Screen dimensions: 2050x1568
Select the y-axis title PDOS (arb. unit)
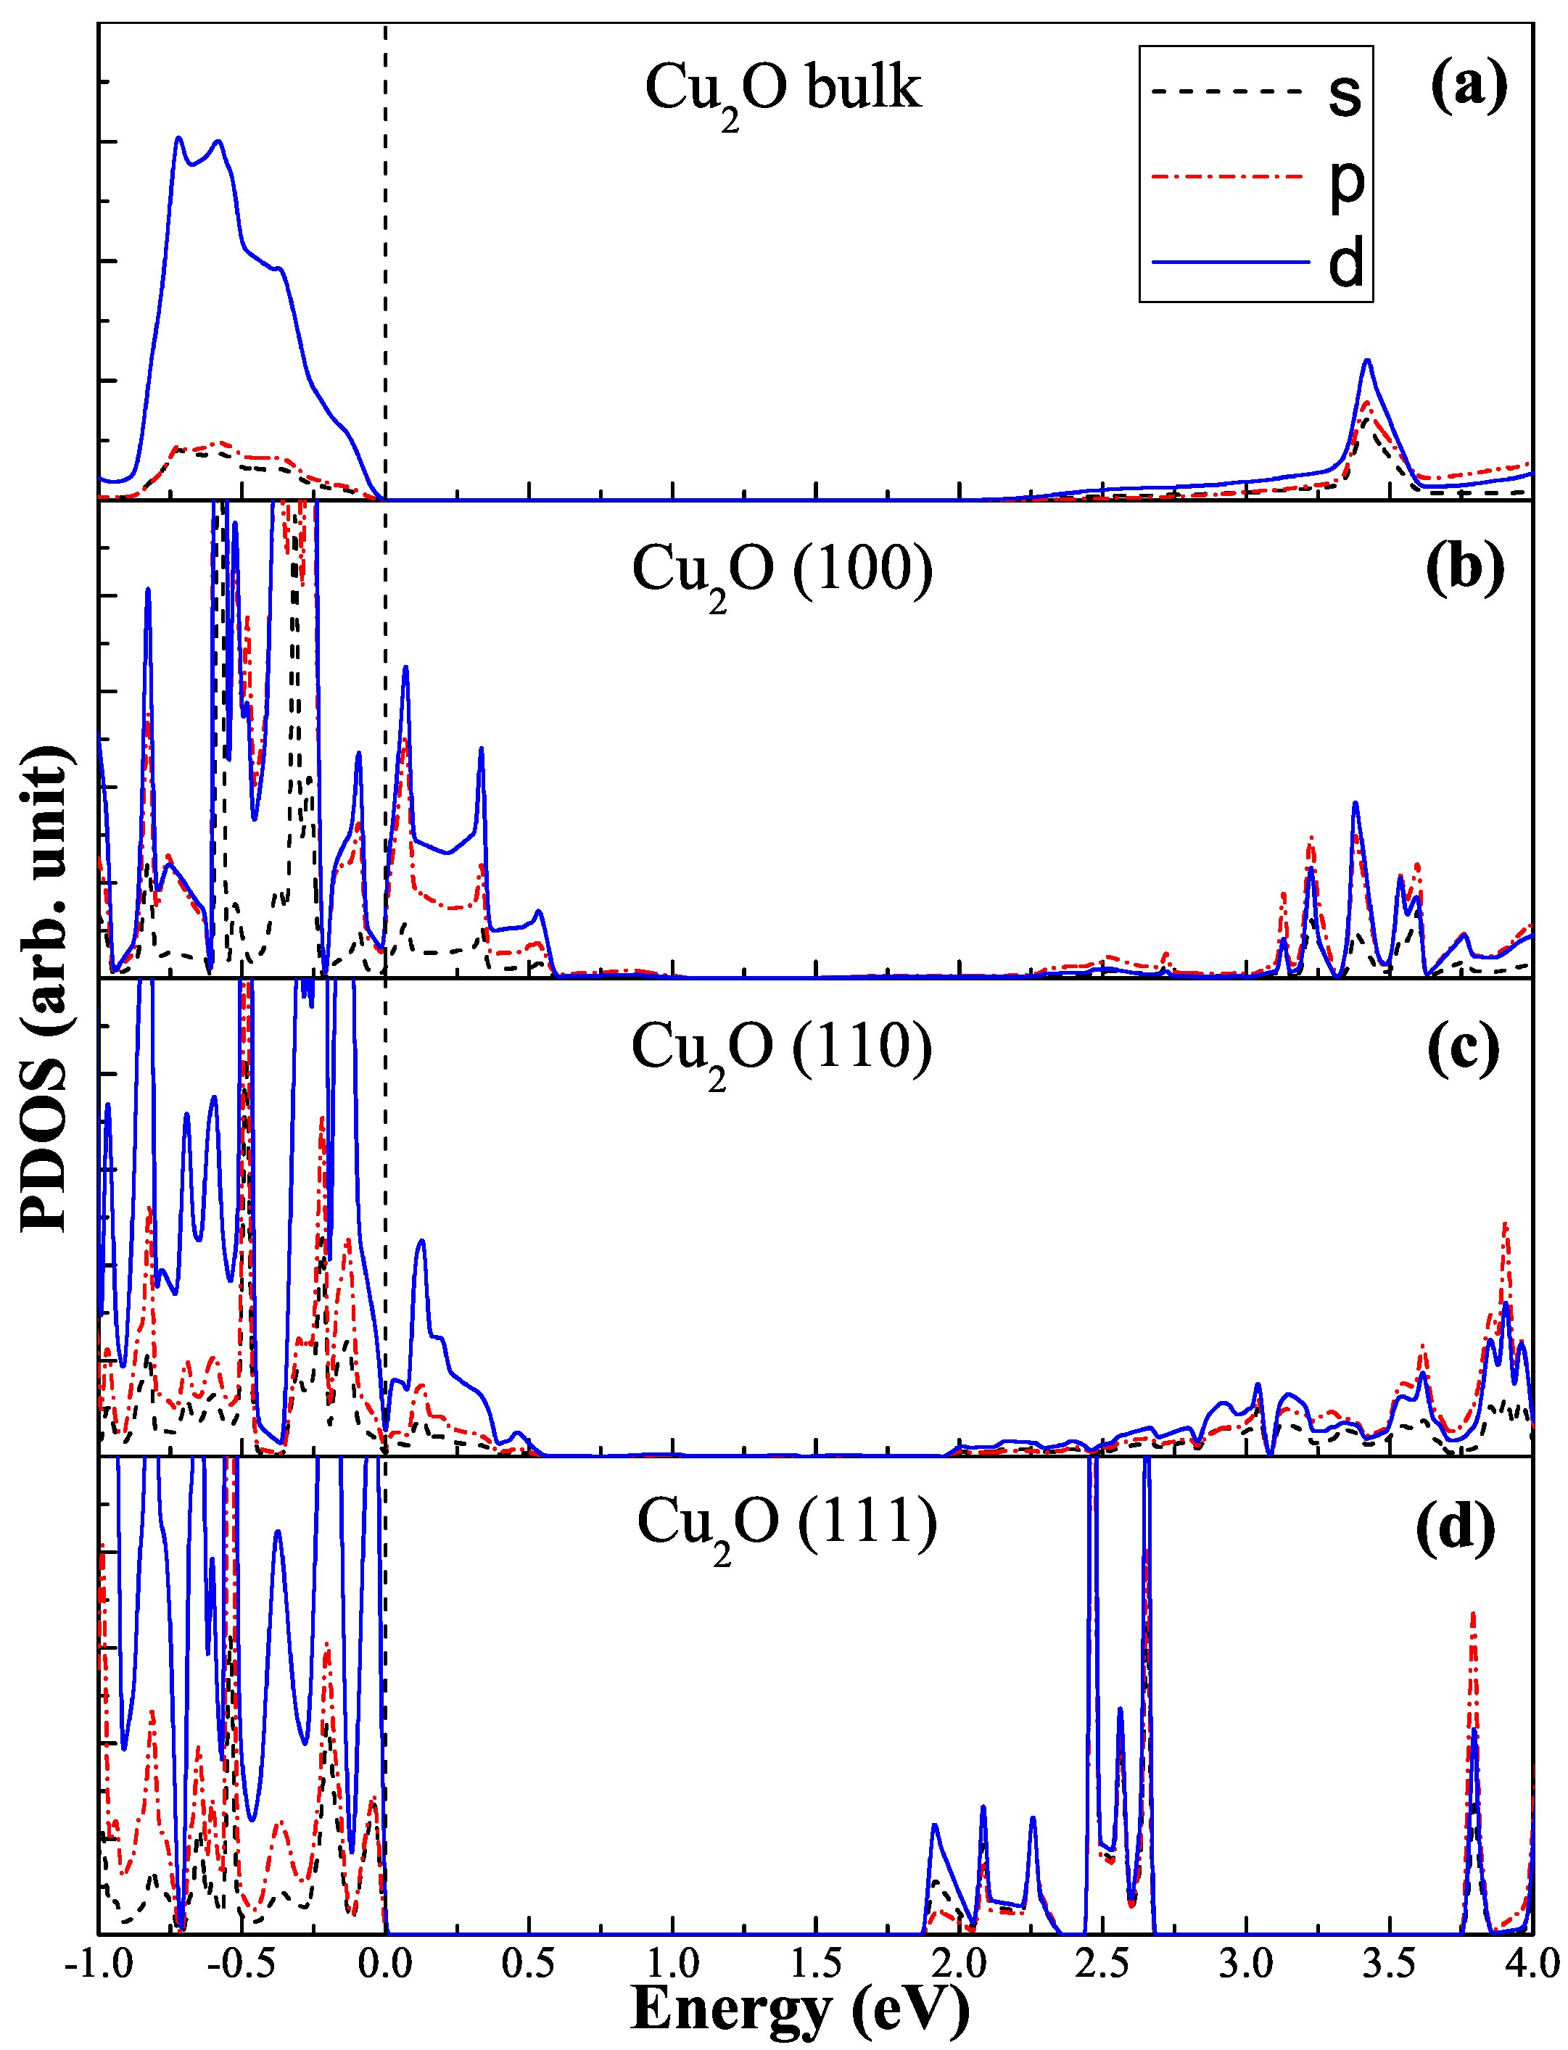click(45, 989)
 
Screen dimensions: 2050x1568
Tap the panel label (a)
click(1468, 86)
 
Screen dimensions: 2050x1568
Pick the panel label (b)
click(1464, 566)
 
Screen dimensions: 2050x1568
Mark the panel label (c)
click(1463, 1047)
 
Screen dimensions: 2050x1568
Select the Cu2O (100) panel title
click(782, 571)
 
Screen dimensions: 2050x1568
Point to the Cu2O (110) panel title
click(781, 1049)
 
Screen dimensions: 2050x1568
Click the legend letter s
click(1345, 94)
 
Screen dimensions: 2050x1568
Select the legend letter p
click(1346, 182)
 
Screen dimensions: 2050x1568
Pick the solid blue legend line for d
click(1230, 263)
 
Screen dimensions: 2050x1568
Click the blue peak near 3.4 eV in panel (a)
click(1367, 360)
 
